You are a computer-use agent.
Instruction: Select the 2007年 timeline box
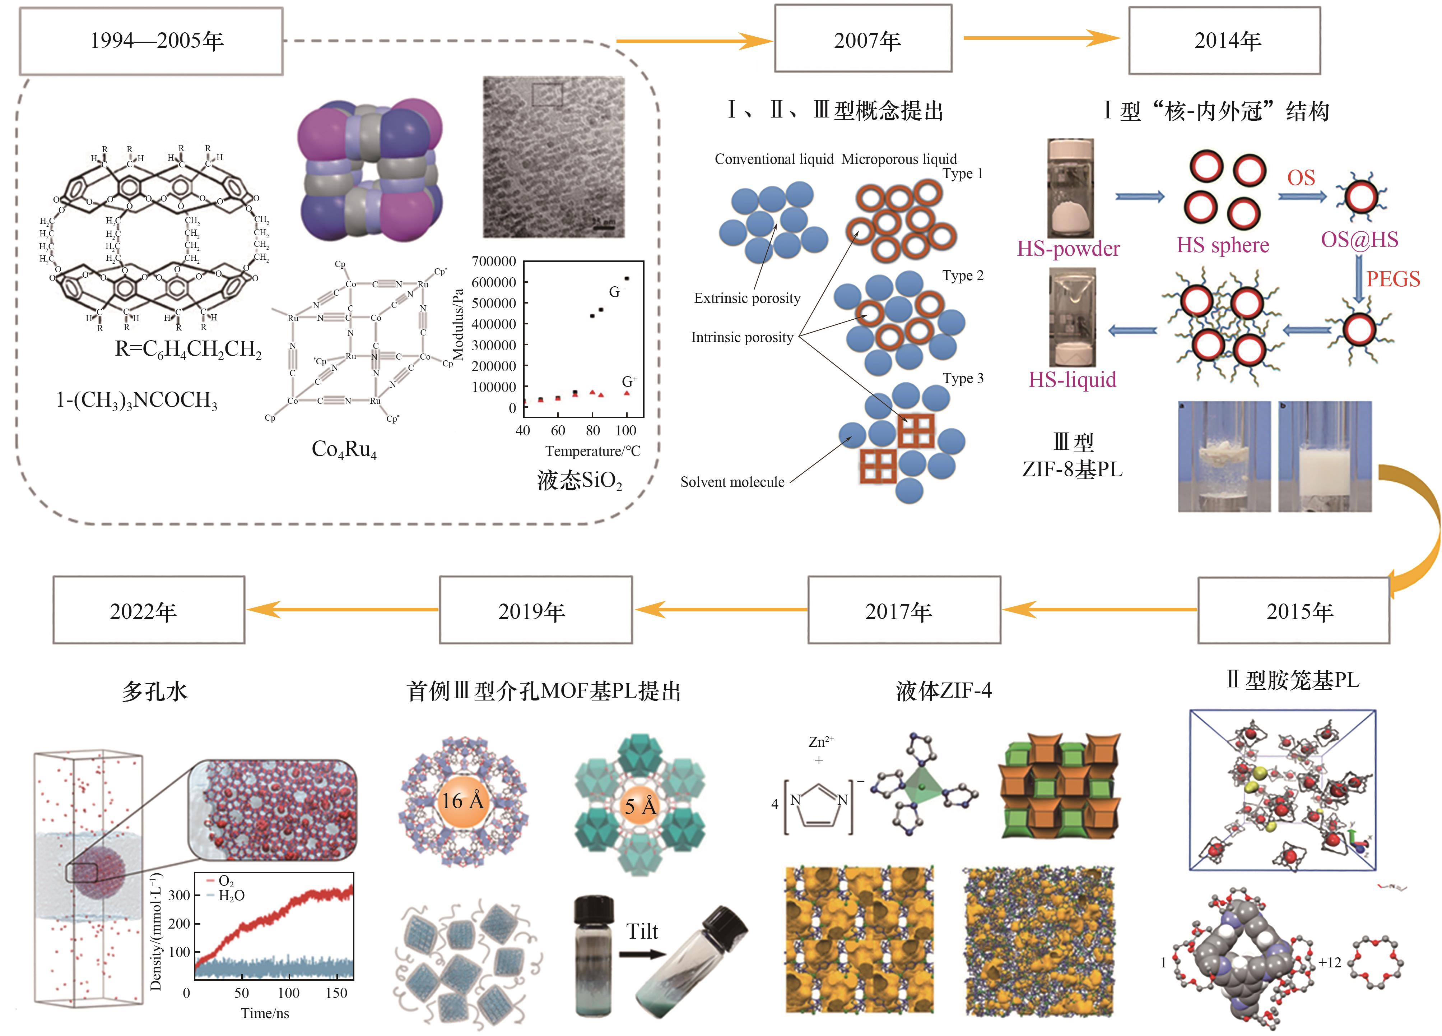click(863, 40)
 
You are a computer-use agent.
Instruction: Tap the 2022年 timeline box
click(149, 611)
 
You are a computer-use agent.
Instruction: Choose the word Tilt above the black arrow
click(642, 932)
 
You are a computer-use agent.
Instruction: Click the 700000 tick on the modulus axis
click(493, 262)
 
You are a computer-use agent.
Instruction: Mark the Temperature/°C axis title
click(592, 451)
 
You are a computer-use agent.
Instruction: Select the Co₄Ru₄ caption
click(344, 450)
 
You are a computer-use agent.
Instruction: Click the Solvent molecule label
click(732, 482)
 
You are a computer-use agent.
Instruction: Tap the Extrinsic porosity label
click(747, 298)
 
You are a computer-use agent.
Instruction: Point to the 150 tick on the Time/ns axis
click(336, 993)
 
